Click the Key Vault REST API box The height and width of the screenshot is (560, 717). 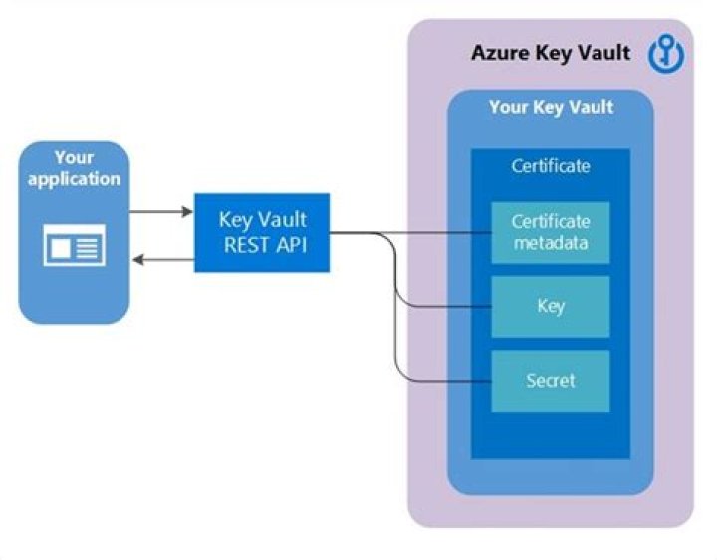[x=261, y=232]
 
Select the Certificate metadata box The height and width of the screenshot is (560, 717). [x=550, y=232]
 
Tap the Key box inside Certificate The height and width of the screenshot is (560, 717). [x=550, y=307]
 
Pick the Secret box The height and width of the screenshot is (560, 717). [x=550, y=381]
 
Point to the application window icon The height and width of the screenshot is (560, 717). [x=74, y=244]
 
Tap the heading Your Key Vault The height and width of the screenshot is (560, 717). [x=551, y=107]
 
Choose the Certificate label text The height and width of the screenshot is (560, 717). [x=550, y=166]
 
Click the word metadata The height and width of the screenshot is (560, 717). [x=551, y=241]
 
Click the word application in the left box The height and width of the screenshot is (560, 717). [x=74, y=179]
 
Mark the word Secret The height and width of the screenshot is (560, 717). [x=550, y=381]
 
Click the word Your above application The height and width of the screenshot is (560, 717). [x=74, y=158]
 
